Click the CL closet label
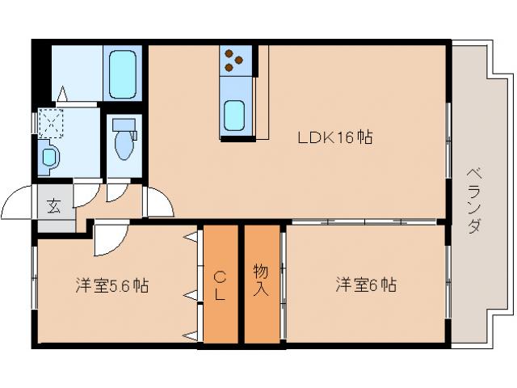[219, 285]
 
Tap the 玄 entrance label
[53, 205]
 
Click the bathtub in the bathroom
[124, 73]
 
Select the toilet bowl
[124, 142]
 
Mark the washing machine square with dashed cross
[51, 123]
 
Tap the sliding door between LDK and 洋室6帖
[364, 221]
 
